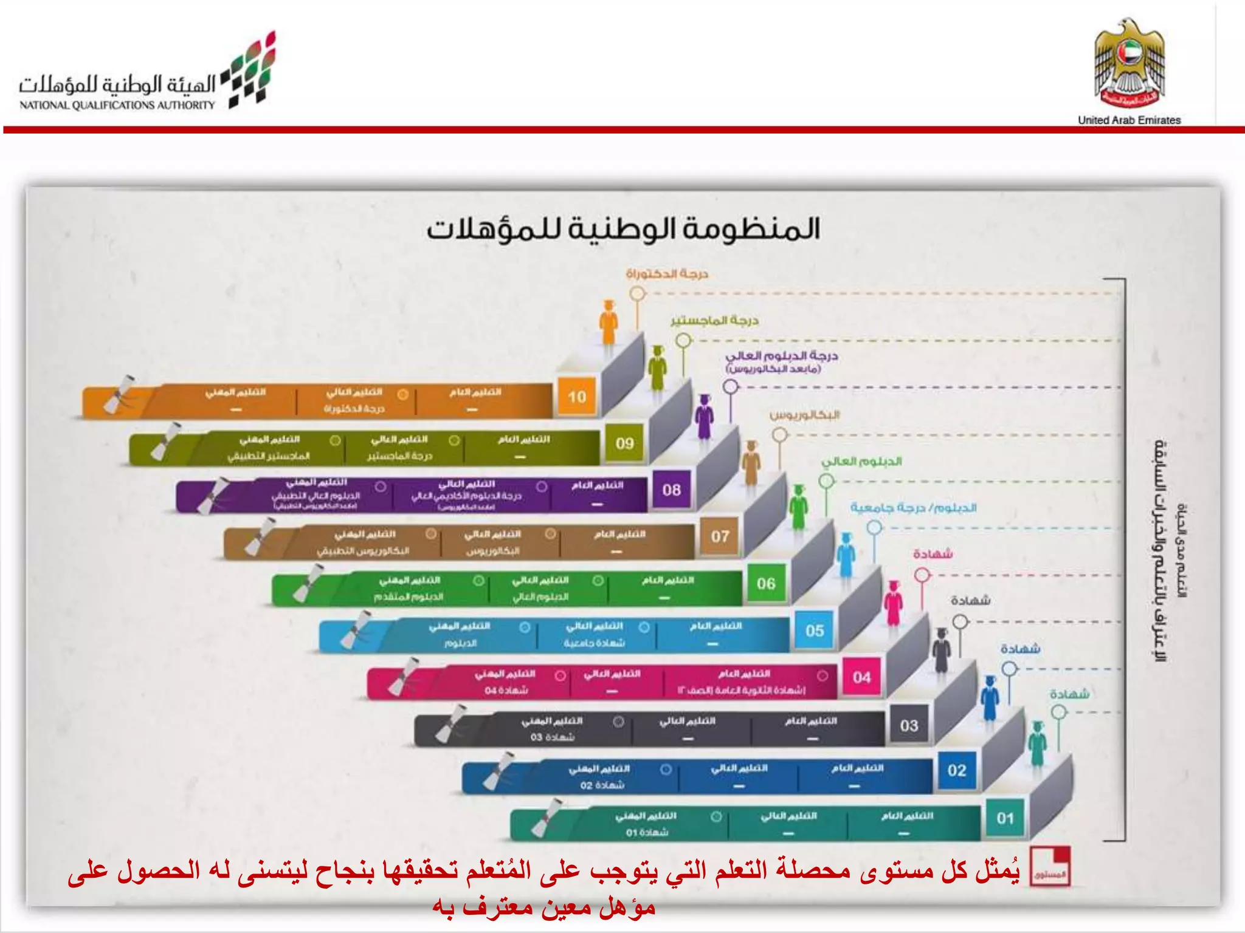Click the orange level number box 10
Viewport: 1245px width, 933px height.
(577, 397)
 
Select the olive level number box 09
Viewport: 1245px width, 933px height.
(624, 443)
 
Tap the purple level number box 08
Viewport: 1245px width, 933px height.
(672, 490)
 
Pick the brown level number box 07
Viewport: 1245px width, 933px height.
(720, 536)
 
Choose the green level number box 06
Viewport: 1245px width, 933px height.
(766, 583)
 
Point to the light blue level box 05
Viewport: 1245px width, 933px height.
(815, 631)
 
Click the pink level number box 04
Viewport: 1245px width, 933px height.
(861, 677)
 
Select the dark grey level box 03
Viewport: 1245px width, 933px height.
(909, 725)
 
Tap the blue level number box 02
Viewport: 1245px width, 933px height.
(957, 771)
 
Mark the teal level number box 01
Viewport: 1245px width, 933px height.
(1005, 818)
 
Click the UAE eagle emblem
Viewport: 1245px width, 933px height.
(1129, 64)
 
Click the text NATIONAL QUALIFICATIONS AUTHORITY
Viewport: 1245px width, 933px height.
(117, 105)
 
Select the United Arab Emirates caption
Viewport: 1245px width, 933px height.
(1129, 120)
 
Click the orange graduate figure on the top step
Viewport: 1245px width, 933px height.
(609, 323)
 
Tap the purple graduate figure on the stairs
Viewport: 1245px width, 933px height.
(704, 417)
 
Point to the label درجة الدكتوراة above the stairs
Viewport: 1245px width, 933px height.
(667, 274)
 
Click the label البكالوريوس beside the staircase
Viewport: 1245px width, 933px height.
(804, 415)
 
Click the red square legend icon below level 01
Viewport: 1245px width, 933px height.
(1050, 866)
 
